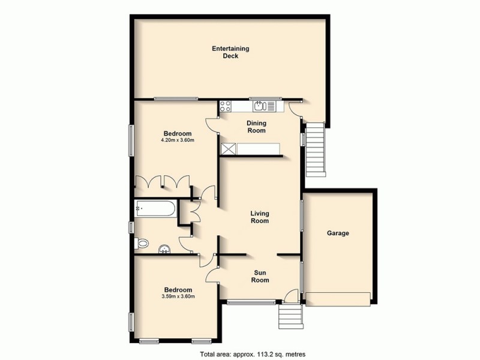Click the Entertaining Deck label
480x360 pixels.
pos(230,52)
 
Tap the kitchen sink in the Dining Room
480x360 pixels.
pos(259,107)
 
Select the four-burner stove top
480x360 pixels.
pos(226,107)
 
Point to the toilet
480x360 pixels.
pos(142,244)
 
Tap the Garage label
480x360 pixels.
pos(338,233)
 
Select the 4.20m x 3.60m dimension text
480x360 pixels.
pos(178,140)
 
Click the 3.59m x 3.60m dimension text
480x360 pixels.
pos(178,296)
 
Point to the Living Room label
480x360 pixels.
pos(259,217)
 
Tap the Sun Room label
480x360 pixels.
pos(259,276)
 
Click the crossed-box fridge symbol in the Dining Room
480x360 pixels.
pos(227,149)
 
